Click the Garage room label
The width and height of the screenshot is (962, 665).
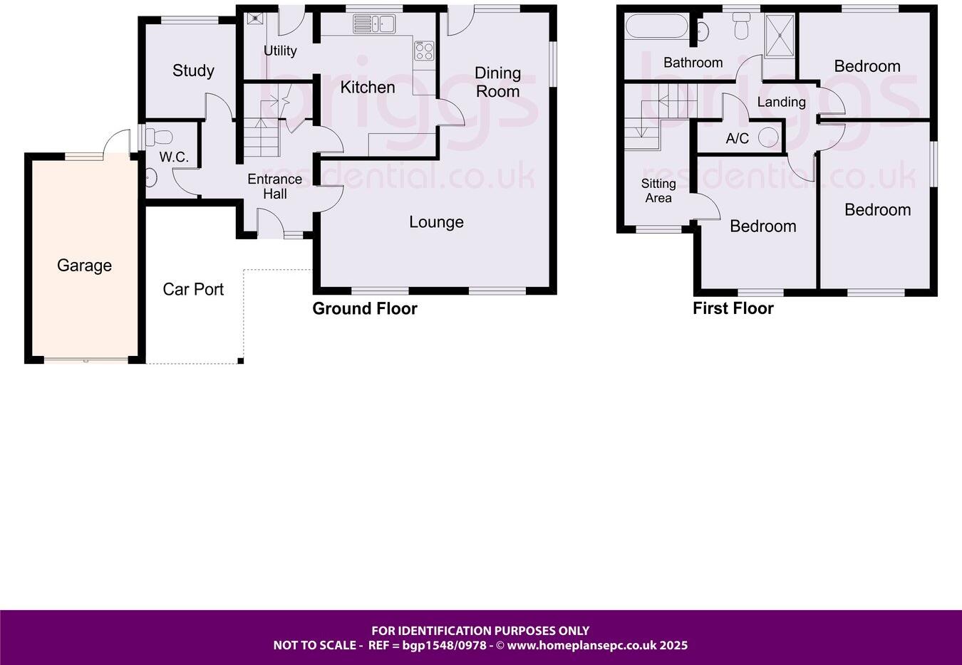(x=84, y=266)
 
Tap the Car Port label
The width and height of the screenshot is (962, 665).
(x=193, y=289)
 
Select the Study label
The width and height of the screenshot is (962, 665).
(x=193, y=70)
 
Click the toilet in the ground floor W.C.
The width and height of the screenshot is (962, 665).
(x=160, y=136)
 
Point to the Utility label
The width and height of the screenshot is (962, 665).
(x=280, y=51)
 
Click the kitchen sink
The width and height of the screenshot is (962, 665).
(x=374, y=26)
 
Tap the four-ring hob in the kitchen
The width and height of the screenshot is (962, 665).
(x=425, y=51)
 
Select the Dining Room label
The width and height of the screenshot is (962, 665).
(x=497, y=82)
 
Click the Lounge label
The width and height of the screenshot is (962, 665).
(x=436, y=222)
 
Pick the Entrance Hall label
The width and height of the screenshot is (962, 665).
(x=274, y=187)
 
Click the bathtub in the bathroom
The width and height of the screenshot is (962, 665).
(x=656, y=28)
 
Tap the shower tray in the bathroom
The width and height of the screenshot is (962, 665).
(x=780, y=33)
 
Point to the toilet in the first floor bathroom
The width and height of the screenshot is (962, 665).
(x=742, y=27)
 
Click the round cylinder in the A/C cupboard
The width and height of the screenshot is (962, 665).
(x=768, y=137)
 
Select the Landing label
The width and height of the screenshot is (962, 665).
(x=781, y=102)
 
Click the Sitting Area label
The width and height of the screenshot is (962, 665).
(x=658, y=191)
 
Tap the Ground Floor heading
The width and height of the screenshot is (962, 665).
(x=365, y=308)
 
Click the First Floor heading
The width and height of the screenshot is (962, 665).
(x=733, y=308)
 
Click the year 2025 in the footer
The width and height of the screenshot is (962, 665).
(x=673, y=646)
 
